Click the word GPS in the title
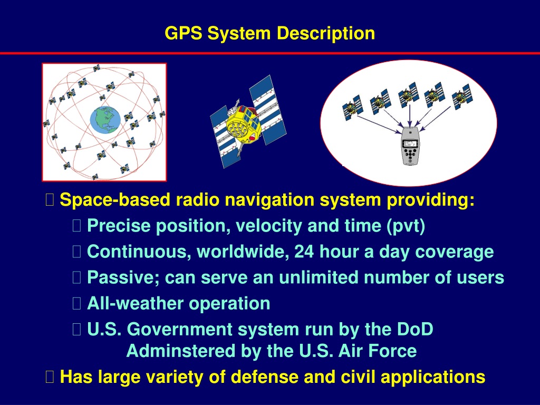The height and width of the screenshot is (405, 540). tap(184, 33)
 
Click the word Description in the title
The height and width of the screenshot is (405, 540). tap(326, 34)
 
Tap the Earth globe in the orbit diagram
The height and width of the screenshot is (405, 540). tap(105, 120)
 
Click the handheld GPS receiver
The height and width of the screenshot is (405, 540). tap(409, 146)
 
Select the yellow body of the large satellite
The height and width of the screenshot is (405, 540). tap(243, 124)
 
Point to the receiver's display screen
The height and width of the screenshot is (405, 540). tap(410, 143)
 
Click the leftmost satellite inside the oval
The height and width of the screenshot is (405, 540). tap(352, 107)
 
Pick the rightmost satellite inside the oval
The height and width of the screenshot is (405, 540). tap(462, 96)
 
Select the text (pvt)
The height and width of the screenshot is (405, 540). tap(406, 226)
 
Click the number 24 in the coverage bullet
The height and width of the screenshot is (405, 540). tap(304, 252)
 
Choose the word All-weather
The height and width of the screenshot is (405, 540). tap(136, 303)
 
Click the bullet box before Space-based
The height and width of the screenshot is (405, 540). tap(50, 200)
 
